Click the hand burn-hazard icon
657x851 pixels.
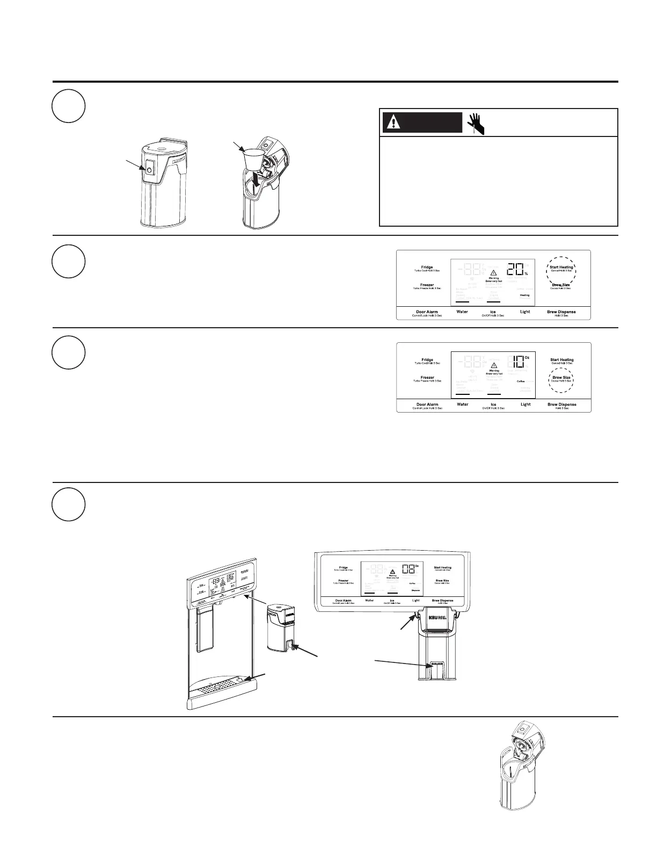click(x=476, y=123)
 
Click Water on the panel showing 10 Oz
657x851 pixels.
click(x=462, y=405)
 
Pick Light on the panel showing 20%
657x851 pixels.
click(x=525, y=312)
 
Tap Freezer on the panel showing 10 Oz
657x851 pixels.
click(x=427, y=378)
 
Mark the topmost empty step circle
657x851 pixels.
click(x=69, y=106)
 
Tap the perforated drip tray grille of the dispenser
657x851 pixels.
click(x=218, y=687)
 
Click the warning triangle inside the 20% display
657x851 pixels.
click(x=494, y=270)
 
